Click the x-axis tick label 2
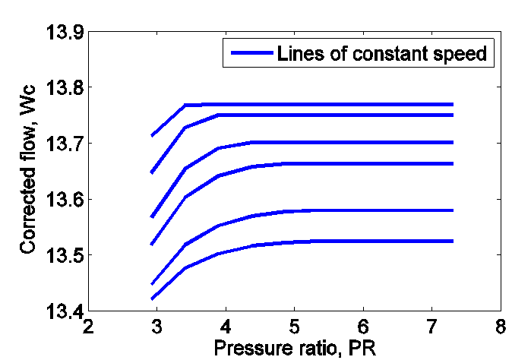[x=89, y=327]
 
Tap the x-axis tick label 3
[x=157, y=327]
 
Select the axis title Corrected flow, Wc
[x=29, y=172]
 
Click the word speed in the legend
[x=464, y=55]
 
